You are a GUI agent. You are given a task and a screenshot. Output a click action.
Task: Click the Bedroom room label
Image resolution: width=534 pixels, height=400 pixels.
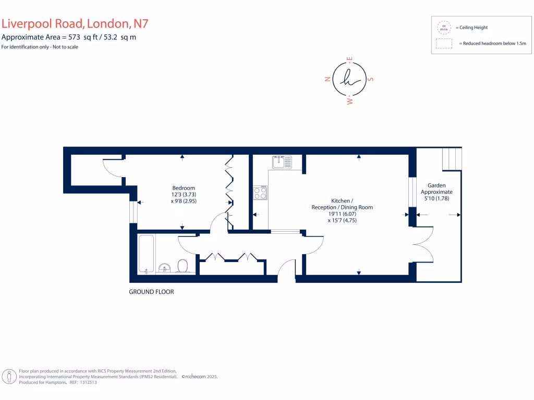click(184, 188)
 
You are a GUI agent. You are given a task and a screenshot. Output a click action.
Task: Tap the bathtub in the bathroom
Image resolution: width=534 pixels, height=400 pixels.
click(147, 254)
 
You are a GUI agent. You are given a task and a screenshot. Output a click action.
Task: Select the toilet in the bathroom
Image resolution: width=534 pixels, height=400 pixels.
click(183, 266)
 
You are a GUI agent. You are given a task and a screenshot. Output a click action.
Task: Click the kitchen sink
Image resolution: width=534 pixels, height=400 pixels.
click(282, 162)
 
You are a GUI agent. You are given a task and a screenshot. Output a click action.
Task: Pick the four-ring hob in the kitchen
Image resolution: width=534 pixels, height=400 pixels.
click(260, 193)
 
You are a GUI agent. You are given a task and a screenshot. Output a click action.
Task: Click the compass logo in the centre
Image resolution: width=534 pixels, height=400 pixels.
click(349, 79)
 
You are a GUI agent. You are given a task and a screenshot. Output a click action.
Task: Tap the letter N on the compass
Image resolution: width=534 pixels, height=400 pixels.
click(327, 79)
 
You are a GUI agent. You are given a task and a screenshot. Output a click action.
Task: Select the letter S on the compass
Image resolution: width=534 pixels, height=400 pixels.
click(370, 80)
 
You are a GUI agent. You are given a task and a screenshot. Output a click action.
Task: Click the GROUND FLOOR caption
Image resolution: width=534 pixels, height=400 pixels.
click(151, 292)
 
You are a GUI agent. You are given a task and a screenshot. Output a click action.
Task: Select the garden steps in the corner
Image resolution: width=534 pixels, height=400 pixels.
click(452, 159)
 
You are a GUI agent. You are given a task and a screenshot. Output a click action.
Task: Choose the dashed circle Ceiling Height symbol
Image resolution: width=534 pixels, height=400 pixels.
click(444, 27)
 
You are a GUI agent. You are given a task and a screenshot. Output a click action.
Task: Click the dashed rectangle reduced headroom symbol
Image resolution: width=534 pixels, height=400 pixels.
click(444, 44)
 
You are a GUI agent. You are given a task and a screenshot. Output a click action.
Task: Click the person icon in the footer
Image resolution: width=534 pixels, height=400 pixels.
click(8, 376)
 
